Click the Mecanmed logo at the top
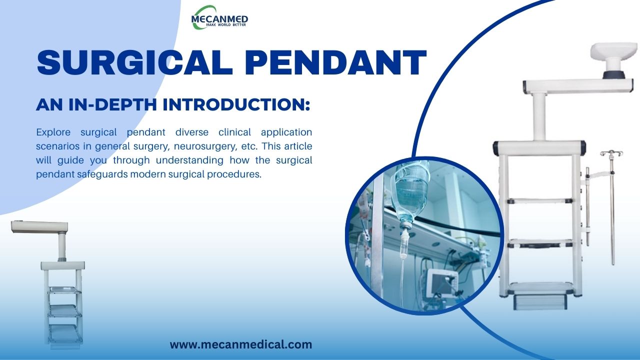click(x=219, y=17)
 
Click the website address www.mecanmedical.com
click(x=240, y=344)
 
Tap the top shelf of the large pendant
click(x=540, y=201)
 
